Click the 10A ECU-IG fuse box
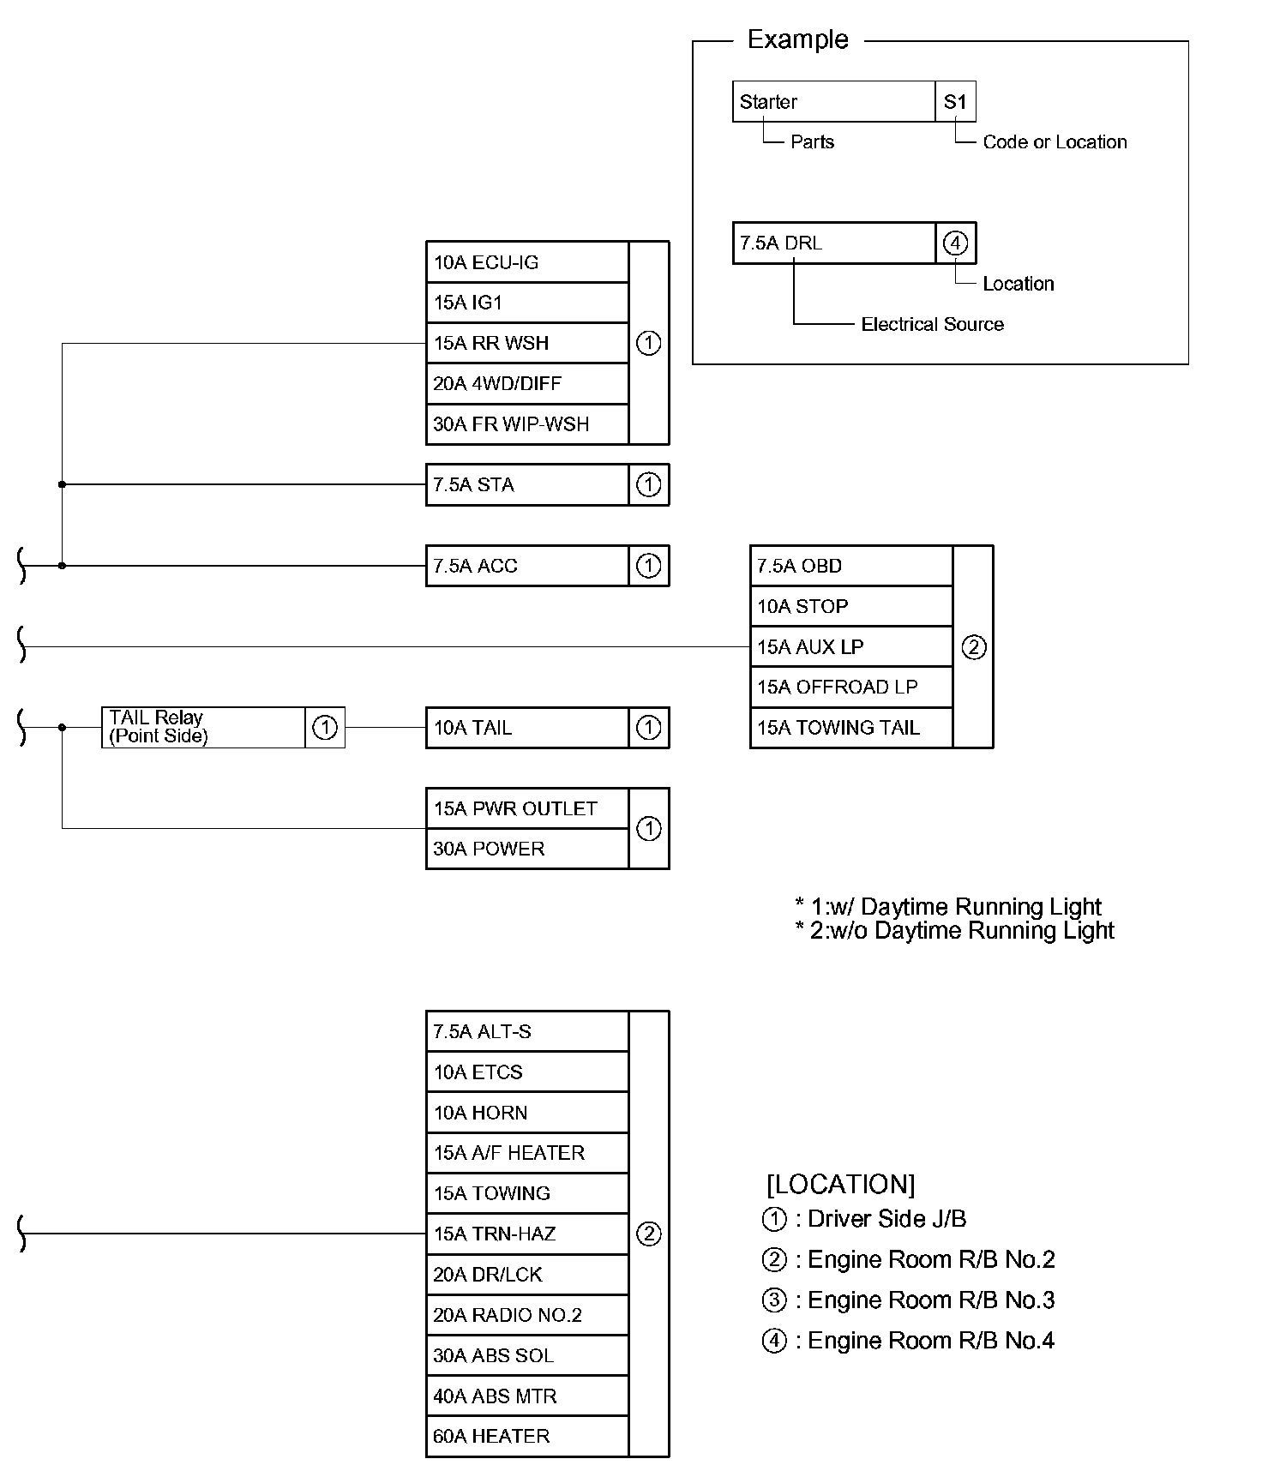click(527, 262)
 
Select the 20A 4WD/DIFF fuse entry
click(527, 383)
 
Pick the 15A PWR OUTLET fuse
click(527, 808)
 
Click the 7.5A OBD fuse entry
click(851, 566)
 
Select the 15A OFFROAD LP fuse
click(851, 687)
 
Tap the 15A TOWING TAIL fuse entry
click(851, 728)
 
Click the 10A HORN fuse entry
click(527, 1112)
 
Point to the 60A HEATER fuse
click(527, 1436)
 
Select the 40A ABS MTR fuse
click(527, 1396)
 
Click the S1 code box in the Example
click(955, 101)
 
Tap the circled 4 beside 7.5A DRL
click(955, 243)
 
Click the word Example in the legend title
click(798, 39)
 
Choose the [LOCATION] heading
click(841, 1184)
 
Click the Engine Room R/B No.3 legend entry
click(908, 1300)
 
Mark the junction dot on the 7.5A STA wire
click(62, 484)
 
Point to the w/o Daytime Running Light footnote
click(954, 930)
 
